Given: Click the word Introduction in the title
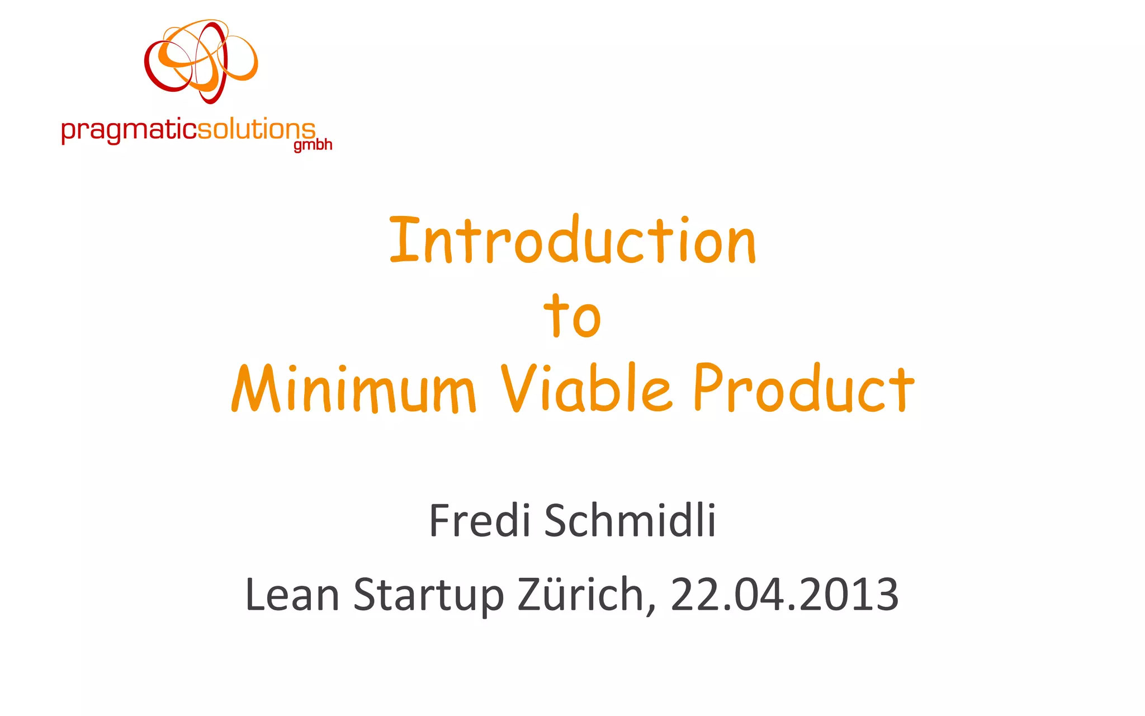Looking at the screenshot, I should [x=572, y=241].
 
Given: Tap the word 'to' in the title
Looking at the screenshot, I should [x=572, y=316].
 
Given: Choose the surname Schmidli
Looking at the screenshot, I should [x=630, y=521].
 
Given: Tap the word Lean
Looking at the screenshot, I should [x=292, y=595].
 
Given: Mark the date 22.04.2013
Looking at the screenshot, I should [x=784, y=595].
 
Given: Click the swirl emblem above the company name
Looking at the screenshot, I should [x=201, y=62].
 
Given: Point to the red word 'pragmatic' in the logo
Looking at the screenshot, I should [x=129, y=131].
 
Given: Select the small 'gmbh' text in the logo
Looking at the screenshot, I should [x=313, y=145].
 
